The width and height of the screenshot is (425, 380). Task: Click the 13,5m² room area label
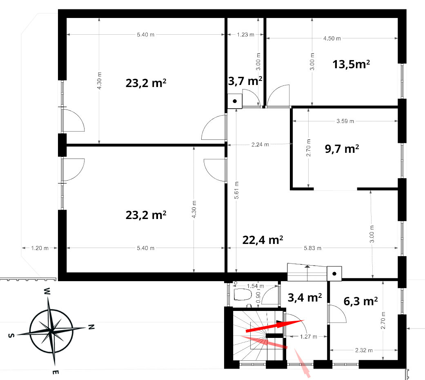click(351, 64)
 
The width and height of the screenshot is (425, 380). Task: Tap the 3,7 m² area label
click(245, 81)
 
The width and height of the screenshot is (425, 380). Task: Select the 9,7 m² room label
click(342, 149)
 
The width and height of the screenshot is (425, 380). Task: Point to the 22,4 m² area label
click(263, 240)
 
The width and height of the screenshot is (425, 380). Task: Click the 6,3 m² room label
click(360, 301)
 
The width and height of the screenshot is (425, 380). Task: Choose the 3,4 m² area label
click(305, 297)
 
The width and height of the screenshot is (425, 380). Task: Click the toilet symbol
click(243, 294)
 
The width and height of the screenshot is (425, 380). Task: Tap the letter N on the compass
click(91, 327)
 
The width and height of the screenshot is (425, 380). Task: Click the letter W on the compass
click(47, 291)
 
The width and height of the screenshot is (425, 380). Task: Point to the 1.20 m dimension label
click(40, 248)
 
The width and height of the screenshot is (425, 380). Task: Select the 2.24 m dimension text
click(260, 145)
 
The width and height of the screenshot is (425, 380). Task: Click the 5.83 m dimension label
click(312, 248)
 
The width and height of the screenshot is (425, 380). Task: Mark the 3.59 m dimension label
click(345, 121)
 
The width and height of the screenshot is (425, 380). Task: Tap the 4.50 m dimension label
click(332, 38)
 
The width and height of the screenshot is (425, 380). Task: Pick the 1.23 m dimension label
click(245, 34)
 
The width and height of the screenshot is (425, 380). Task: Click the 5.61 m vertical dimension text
click(236, 190)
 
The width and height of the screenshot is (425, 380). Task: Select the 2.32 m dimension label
click(364, 350)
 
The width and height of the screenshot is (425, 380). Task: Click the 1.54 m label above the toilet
click(255, 286)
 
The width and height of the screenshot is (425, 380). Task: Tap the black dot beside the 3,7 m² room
click(235, 101)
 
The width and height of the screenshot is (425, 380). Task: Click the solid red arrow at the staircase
click(275, 326)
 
